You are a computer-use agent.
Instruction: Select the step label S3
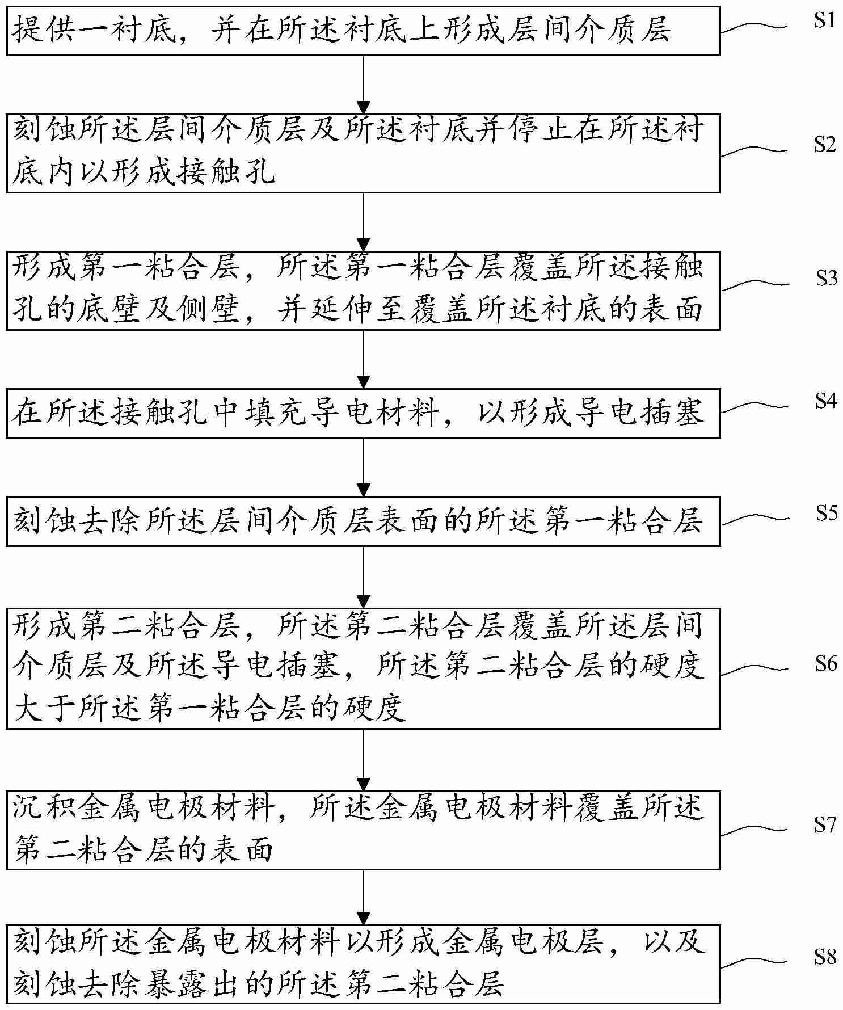[826, 278]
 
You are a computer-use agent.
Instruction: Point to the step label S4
[826, 401]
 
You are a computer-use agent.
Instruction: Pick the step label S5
[826, 513]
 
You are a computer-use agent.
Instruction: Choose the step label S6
[826, 663]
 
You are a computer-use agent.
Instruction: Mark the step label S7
[826, 824]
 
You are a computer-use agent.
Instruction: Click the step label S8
[826, 958]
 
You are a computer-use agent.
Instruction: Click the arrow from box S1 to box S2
[363, 85]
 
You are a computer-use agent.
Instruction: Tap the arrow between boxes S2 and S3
[363, 222]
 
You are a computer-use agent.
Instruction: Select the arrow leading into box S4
[363, 359]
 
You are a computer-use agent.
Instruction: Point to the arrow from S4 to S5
[363, 467]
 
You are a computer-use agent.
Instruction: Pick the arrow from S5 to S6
[363, 577]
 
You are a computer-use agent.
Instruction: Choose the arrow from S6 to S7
[363, 760]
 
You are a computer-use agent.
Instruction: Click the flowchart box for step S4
[363, 413]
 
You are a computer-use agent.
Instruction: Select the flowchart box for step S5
[363, 521]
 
